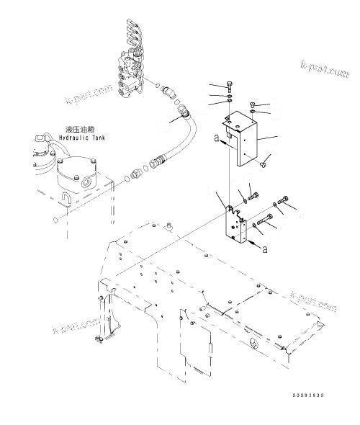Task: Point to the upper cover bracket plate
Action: [246, 137]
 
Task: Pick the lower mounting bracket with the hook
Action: [235, 225]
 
